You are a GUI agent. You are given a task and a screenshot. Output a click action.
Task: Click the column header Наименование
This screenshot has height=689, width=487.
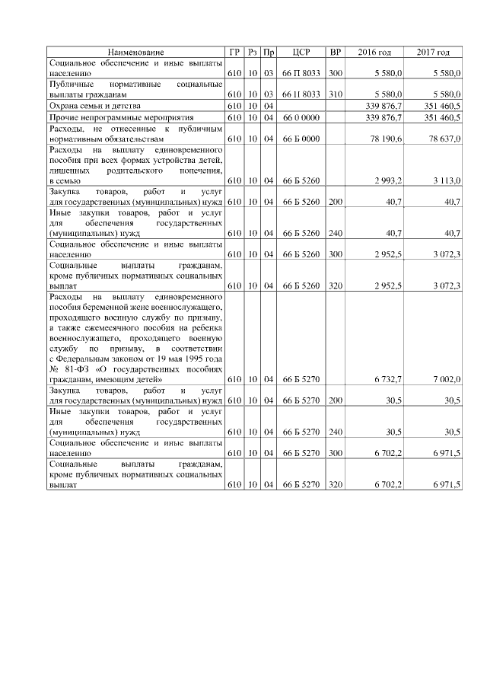click(135, 52)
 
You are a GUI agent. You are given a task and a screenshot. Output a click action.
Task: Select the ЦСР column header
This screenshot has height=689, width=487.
click(300, 52)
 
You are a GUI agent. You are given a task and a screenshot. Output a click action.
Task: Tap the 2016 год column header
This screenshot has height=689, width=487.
click(375, 52)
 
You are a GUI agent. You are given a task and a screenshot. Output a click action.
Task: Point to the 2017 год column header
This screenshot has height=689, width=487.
click(433, 52)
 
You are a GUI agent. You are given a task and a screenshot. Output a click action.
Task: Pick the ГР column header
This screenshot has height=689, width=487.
click(234, 52)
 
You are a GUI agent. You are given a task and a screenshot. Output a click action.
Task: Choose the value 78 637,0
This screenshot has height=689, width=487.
click(445, 139)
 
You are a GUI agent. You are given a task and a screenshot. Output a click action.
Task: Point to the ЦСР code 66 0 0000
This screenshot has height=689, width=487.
click(300, 118)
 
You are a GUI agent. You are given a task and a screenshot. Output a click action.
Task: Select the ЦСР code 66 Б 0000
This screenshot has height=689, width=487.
click(300, 139)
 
